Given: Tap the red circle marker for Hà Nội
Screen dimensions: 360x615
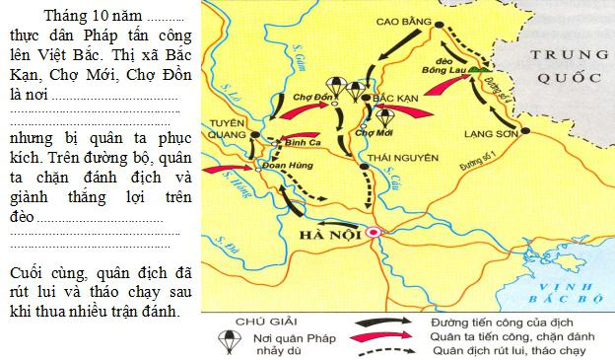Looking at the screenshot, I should pyautogui.click(x=374, y=233).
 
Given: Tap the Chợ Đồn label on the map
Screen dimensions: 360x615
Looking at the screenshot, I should pyautogui.click(x=313, y=98).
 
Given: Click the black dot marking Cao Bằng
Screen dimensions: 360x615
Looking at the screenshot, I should pyautogui.click(x=439, y=27).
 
